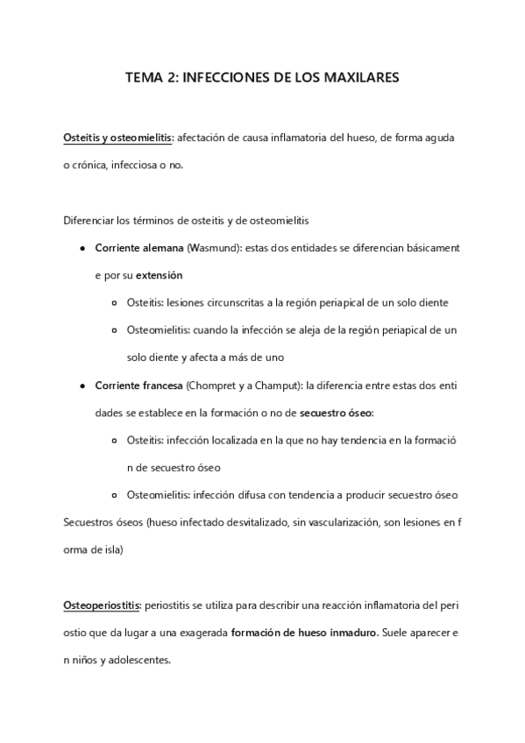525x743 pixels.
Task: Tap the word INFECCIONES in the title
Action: click(220, 78)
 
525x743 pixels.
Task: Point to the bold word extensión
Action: click(159, 275)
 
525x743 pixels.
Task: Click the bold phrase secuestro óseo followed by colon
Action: click(337, 412)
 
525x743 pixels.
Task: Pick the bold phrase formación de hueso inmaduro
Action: click(303, 633)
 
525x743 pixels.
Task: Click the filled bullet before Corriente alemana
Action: click(82, 248)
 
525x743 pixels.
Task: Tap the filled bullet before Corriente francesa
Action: click(82, 385)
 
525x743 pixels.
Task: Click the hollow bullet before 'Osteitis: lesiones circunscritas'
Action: click(117, 303)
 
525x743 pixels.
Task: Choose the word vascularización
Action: click(337, 524)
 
